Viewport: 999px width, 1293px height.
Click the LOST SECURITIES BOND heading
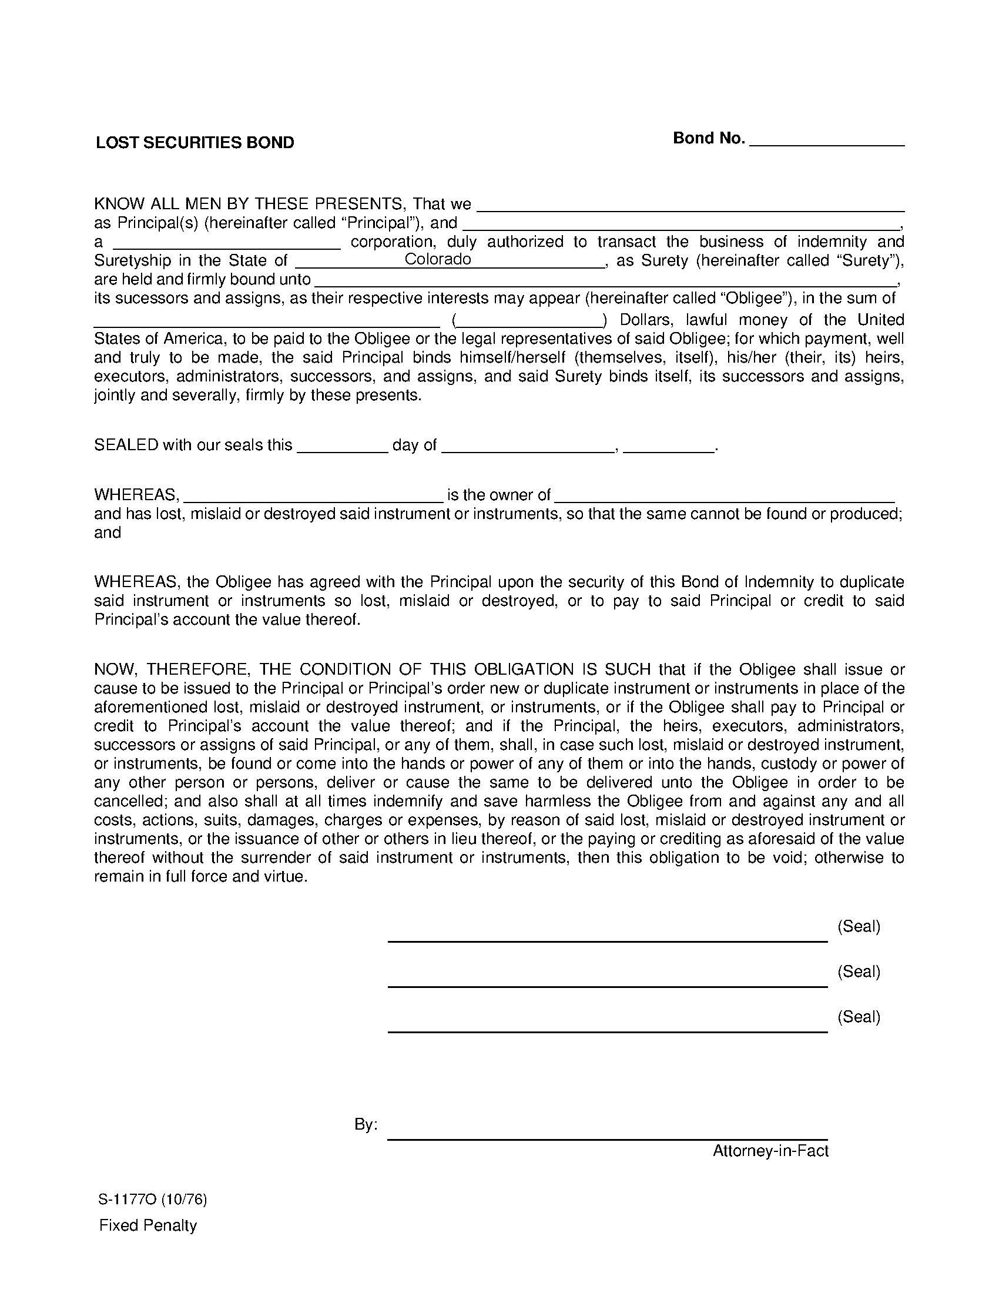(195, 143)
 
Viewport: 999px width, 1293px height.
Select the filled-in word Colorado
(437, 260)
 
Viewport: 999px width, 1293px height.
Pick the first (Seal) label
(858, 926)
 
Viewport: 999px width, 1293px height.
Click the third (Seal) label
(858, 1017)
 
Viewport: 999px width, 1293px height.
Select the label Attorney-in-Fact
(770, 1151)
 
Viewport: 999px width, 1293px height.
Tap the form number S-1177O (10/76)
(153, 1200)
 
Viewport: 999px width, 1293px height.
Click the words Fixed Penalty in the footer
(147, 1226)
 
